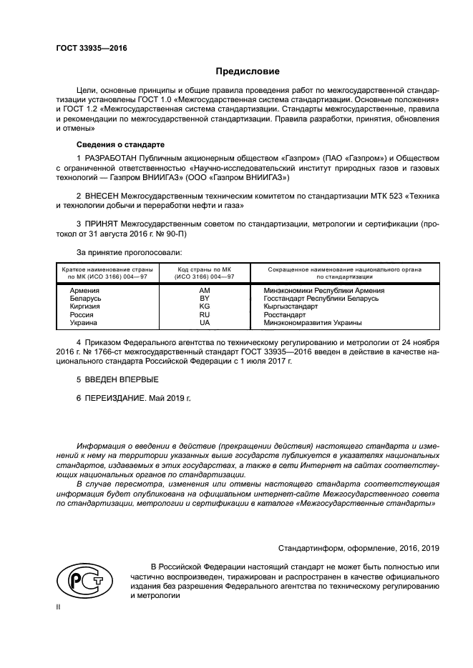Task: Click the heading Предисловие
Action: (248, 71)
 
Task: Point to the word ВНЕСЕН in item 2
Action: (102, 195)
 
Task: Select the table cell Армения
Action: (84, 291)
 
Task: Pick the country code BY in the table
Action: (205, 298)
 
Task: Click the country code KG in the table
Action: (205, 306)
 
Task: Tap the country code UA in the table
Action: (205, 322)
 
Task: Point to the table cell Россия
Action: (82, 314)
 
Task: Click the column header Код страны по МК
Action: (205, 269)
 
